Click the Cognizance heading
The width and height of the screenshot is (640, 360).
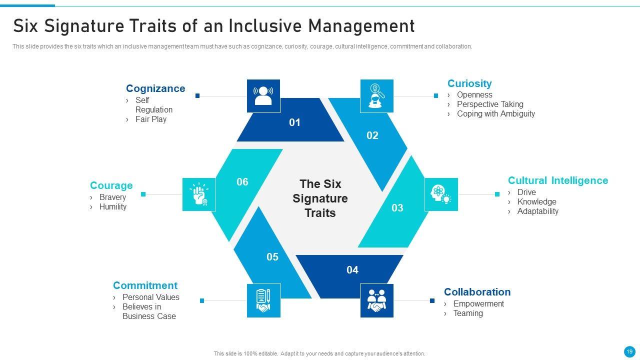pos(155,88)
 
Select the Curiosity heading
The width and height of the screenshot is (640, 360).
pos(469,83)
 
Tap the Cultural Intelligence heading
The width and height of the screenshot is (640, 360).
pos(558,180)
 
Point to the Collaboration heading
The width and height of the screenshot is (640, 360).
pos(477,292)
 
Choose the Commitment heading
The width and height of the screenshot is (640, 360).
pos(145,285)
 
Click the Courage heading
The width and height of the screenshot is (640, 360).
pos(111,185)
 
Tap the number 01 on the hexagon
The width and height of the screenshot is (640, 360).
pos(295,122)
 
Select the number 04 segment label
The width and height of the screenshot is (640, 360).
pos(352,270)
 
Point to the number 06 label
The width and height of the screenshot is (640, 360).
pos(242,182)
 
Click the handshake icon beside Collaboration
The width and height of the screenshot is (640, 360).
pos(377,300)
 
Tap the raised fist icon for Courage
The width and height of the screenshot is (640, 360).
pos(199,194)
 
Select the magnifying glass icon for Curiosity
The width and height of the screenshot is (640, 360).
pos(376,96)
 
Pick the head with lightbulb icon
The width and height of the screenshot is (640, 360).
pos(441,194)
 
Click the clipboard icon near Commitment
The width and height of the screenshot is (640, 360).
pos(263,300)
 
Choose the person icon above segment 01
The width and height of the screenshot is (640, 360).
pos(263,95)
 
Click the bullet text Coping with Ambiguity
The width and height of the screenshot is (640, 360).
pos(495,113)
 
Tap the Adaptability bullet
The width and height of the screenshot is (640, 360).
pos(537,211)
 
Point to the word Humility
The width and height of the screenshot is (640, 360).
pos(112,206)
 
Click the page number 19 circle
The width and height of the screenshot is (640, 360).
pos(629,351)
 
